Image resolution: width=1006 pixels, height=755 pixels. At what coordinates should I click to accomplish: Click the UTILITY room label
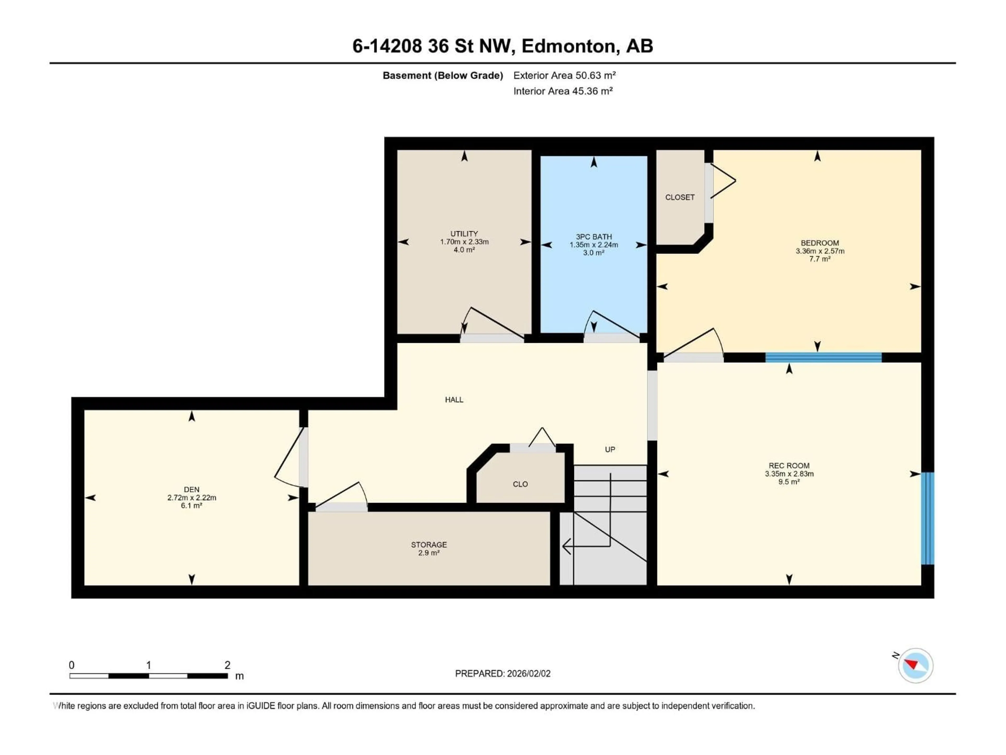[464, 234]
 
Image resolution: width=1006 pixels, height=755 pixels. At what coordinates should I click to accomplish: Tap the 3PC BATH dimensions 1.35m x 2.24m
[593, 245]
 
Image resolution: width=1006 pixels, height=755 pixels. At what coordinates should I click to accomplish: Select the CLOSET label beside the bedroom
[680, 197]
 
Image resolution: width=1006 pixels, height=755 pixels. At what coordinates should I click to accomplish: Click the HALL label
[454, 400]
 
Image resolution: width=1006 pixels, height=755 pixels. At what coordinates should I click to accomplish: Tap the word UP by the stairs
[610, 450]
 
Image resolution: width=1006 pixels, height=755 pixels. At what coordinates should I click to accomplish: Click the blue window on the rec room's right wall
[928, 518]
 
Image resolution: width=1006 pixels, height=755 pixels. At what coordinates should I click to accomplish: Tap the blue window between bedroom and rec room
[823, 358]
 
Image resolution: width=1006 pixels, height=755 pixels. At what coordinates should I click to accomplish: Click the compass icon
[916, 665]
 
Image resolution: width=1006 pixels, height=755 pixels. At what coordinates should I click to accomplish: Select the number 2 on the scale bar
[227, 665]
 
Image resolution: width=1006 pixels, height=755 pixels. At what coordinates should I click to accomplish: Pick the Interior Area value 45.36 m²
[592, 91]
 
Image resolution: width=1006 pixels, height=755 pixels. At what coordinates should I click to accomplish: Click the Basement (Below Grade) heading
[442, 75]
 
